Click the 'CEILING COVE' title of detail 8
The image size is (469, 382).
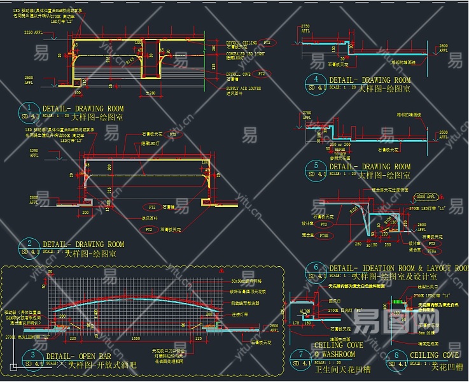click(435, 355)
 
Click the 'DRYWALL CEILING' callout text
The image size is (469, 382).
click(241, 43)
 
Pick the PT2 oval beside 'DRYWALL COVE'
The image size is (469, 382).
click(262, 74)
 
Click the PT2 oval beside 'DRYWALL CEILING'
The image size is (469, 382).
click(268, 43)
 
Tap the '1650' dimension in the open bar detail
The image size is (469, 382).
click(136, 339)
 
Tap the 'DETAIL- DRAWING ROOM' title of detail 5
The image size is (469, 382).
click(369, 167)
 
